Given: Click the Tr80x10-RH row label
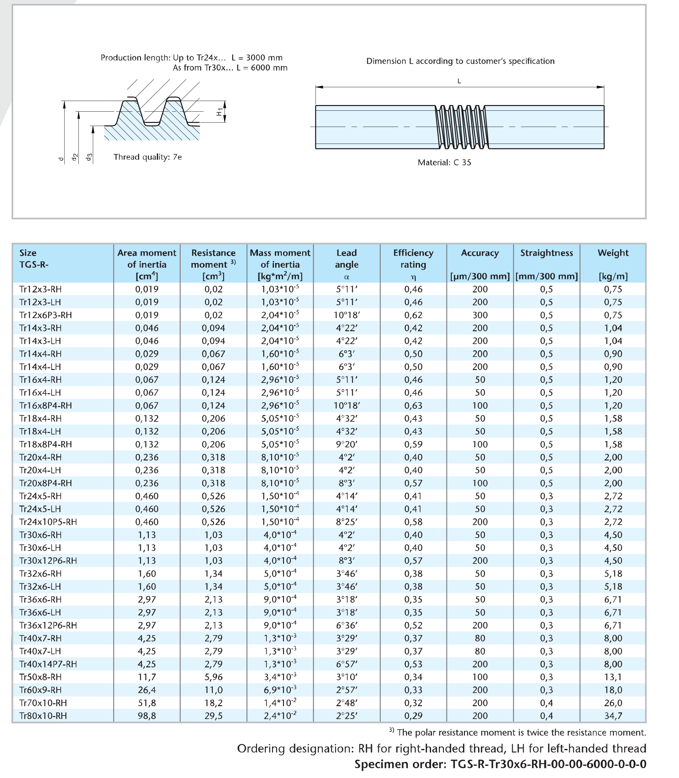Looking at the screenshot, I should [43, 715].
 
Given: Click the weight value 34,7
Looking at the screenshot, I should [613, 715].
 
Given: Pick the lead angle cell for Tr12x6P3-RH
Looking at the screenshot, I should [346, 315].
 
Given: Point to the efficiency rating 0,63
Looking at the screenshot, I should [413, 405].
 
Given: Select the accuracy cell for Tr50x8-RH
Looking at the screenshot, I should [480, 677].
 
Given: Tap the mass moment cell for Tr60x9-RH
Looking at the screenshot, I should [280, 690].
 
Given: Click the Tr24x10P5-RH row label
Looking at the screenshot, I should [48, 522].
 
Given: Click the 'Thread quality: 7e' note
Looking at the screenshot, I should [147, 157].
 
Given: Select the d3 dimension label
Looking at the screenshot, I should [89, 157].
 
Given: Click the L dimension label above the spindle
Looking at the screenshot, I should [459, 81].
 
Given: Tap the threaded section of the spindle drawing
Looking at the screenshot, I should [461, 127].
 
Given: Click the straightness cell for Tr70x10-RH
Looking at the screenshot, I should [546, 703].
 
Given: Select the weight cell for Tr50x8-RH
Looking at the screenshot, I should [613, 677].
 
